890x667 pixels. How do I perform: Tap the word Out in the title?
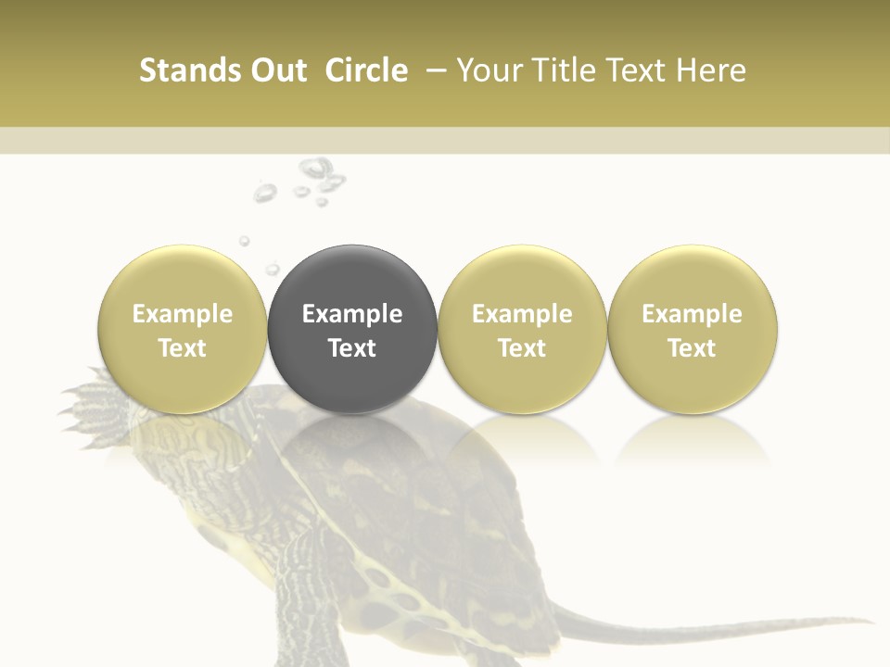pyautogui.click(x=276, y=70)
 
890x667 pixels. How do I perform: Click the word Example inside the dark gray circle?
pyautogui.click(x=352, y=314)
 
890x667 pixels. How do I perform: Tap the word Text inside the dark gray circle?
pyautogui.click(x=352, y=348)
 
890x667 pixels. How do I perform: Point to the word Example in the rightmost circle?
pyautogui.click(x=693, y=314)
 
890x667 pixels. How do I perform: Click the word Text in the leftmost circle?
pyautogui.click(x=183, y=348)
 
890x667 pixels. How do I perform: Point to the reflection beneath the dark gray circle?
pyautogui.click(x=352, y=440)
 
